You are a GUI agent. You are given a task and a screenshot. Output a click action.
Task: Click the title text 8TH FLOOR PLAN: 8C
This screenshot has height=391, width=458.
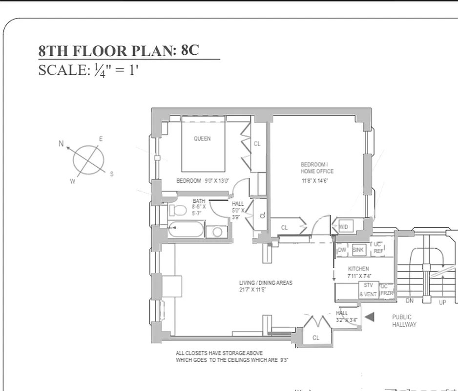tap(119, 51)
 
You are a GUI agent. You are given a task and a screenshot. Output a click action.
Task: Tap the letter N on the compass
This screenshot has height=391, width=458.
tap(61, 144)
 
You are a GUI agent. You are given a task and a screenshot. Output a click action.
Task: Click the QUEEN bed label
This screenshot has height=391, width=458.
tap(202, 139)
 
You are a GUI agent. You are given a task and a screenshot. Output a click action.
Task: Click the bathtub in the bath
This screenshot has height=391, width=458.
tap(186, 230)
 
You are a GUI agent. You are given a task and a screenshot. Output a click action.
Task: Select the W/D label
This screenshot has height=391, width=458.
tap(343, 227)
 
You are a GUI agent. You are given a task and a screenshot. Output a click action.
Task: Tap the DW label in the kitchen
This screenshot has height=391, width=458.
tap(342, 250)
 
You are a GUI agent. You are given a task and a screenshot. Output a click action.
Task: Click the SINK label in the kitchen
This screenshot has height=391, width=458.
tap(358, 250)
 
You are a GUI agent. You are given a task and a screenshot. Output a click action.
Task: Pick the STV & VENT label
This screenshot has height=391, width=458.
tap(368, 290)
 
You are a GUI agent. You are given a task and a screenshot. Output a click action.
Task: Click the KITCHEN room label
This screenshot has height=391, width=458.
tap(358, 269)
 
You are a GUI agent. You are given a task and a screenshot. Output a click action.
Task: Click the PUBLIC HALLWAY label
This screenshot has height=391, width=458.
tap(404, 321)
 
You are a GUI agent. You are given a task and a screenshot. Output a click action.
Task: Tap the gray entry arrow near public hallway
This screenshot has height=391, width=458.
tap(370, 317)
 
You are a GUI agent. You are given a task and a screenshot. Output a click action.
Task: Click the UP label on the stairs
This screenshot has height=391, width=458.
tap(442, 303)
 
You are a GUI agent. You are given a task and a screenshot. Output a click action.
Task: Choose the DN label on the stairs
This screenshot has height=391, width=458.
tap(410, 301)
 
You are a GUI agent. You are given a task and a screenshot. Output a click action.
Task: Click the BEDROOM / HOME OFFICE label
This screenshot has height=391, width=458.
tap(317, 168)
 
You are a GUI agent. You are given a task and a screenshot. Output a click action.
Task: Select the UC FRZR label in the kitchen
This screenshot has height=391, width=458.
tap(386, 290)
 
